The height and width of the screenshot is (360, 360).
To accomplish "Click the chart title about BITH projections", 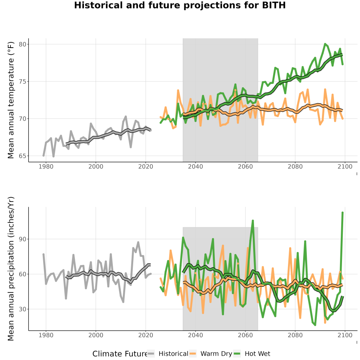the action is pyautogui.click(x=180, y=5).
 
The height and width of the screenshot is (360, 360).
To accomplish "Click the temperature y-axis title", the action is pyautogui.click(x=11, y=100).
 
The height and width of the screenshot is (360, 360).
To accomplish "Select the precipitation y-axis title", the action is pyautogui.click(x=11, y=269).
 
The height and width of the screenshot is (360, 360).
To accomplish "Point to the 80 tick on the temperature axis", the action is pyautogui.click(x=22, y=44).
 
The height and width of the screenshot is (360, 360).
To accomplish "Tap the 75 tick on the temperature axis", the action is pyautogui.click(x=22, y=82).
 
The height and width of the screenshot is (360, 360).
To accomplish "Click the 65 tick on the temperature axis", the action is pyautogui.click(x=22, y=156).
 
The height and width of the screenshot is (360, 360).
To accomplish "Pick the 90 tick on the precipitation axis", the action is pyautogui.click(x=22, y=239).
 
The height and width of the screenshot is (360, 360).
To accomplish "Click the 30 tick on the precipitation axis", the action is pyautogui.click(x=22, y=309).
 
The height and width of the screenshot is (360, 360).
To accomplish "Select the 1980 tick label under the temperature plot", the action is pyautogui.click(x=46, y=166).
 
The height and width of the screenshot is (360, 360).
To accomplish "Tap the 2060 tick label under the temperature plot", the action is pyautogui.click(x=245, y=166).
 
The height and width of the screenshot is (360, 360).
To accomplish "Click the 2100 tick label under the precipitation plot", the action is pyautogui.click(x=345, y=335).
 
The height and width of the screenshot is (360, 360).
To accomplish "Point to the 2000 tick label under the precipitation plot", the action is pyautogui.click(x=96, y=335).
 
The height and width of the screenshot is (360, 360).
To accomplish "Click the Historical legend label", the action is pyautogui.click(x=173, y=354).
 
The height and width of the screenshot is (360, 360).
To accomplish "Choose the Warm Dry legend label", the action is pyautogui.click(x=216, y=354).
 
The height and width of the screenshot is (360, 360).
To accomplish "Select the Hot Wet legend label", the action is pyautogui.click(x=257, y=354).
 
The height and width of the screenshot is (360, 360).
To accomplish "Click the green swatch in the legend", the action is pyautogui.click(x=237, y=354).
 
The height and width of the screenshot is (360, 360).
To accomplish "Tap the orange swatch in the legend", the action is pyautogui.click(x=193, y=354).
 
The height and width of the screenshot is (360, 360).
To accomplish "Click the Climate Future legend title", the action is pyautogui.click(x=120, y=354).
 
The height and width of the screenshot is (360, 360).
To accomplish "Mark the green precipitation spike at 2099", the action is pyautogui.click(x=342, y=213).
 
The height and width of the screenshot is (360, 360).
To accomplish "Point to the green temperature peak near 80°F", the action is pyautogui.click(x=325, y=44).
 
